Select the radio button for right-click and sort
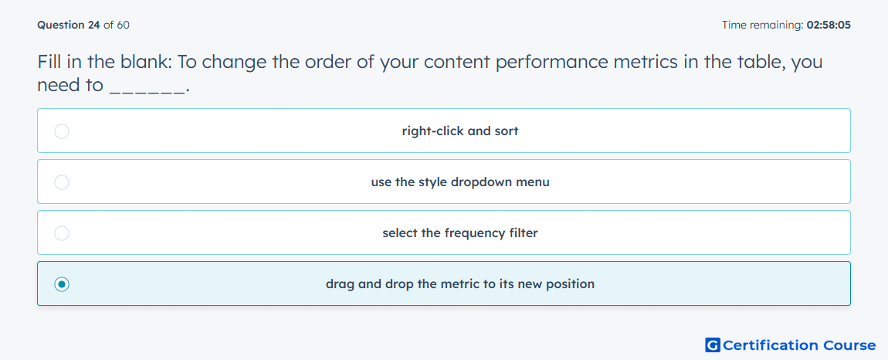pos(62,131)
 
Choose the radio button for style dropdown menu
pos(62,182)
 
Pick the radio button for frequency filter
pos(62,233)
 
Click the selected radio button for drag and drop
pos(62,284)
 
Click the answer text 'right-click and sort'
pos(460,131)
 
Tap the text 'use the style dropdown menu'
pos(460,182)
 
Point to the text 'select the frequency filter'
pos(460,233)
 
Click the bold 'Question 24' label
pos(69,25)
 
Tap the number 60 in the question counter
pos(124,25)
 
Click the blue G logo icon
pos(713,345)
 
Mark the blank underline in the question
pos(147,93)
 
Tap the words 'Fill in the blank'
pos(103,63)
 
